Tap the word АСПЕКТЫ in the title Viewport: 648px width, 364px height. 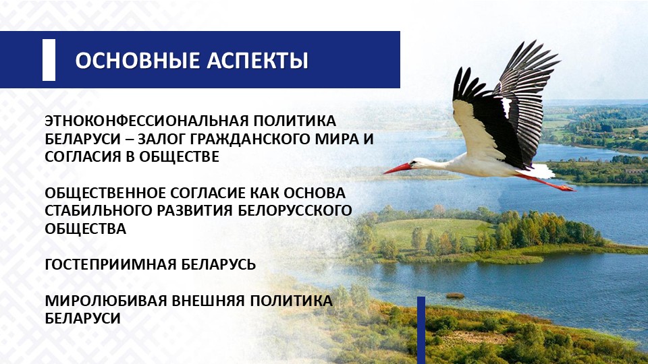tap(257, 60)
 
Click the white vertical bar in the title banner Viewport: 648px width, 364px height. tap(49, 60)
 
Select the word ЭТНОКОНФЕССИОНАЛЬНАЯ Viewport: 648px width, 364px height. tap(144, 121)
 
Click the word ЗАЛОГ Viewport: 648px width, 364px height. tap(161, 139)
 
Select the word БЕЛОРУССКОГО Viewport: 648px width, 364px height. tap(295, 210)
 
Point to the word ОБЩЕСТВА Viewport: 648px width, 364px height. tap(86, 229)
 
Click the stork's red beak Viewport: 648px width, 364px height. tap(398, 169)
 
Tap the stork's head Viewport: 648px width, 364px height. tap(419, 163)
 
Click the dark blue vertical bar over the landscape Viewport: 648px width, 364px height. tap(421, 330)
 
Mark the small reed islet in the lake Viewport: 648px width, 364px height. tap(455, 295)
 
